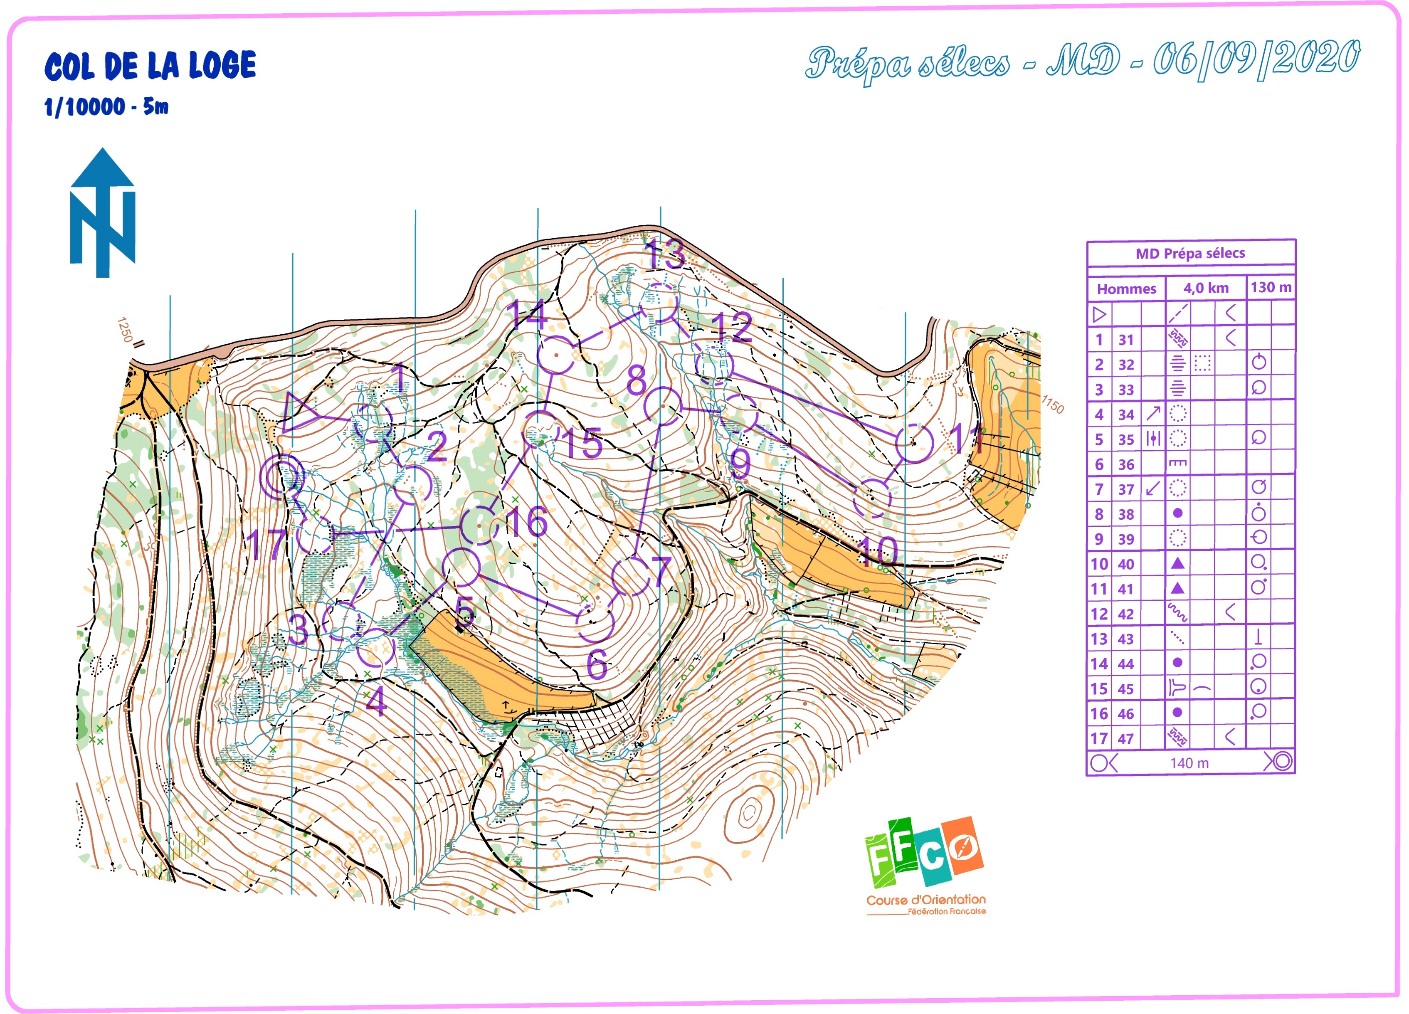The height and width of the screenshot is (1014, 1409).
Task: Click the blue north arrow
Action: (103, 212)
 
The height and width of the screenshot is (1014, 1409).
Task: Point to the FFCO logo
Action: (924, 852)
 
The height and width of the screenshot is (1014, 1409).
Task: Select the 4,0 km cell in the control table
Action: (1205, 288)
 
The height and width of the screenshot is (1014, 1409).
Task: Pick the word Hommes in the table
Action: (1126, 289)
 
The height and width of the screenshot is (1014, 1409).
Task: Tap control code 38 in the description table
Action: (1126, 514)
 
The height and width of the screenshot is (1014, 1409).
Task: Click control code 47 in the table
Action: (1126, 739)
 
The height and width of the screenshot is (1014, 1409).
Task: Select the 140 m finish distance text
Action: (1189, 763)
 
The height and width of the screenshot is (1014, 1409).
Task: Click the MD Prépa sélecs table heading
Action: (1190, 254)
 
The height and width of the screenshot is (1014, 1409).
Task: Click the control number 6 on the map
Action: (597, 666)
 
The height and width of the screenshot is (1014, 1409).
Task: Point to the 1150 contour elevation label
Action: (1052, 405)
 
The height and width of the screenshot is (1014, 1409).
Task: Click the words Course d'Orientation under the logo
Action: (925, 900)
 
